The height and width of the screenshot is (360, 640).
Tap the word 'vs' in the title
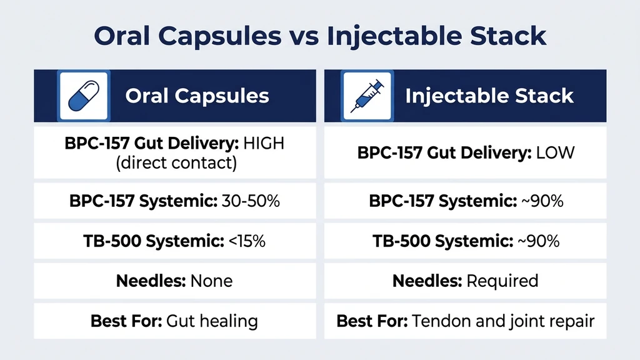tap(306, 36)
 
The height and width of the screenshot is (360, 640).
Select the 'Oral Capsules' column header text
tap(197, 96)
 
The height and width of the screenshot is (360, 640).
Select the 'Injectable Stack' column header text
tap(489, 96)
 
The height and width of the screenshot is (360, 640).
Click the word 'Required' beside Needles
tap(502, 281)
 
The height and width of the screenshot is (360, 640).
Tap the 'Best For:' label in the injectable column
tap(372, 321)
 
